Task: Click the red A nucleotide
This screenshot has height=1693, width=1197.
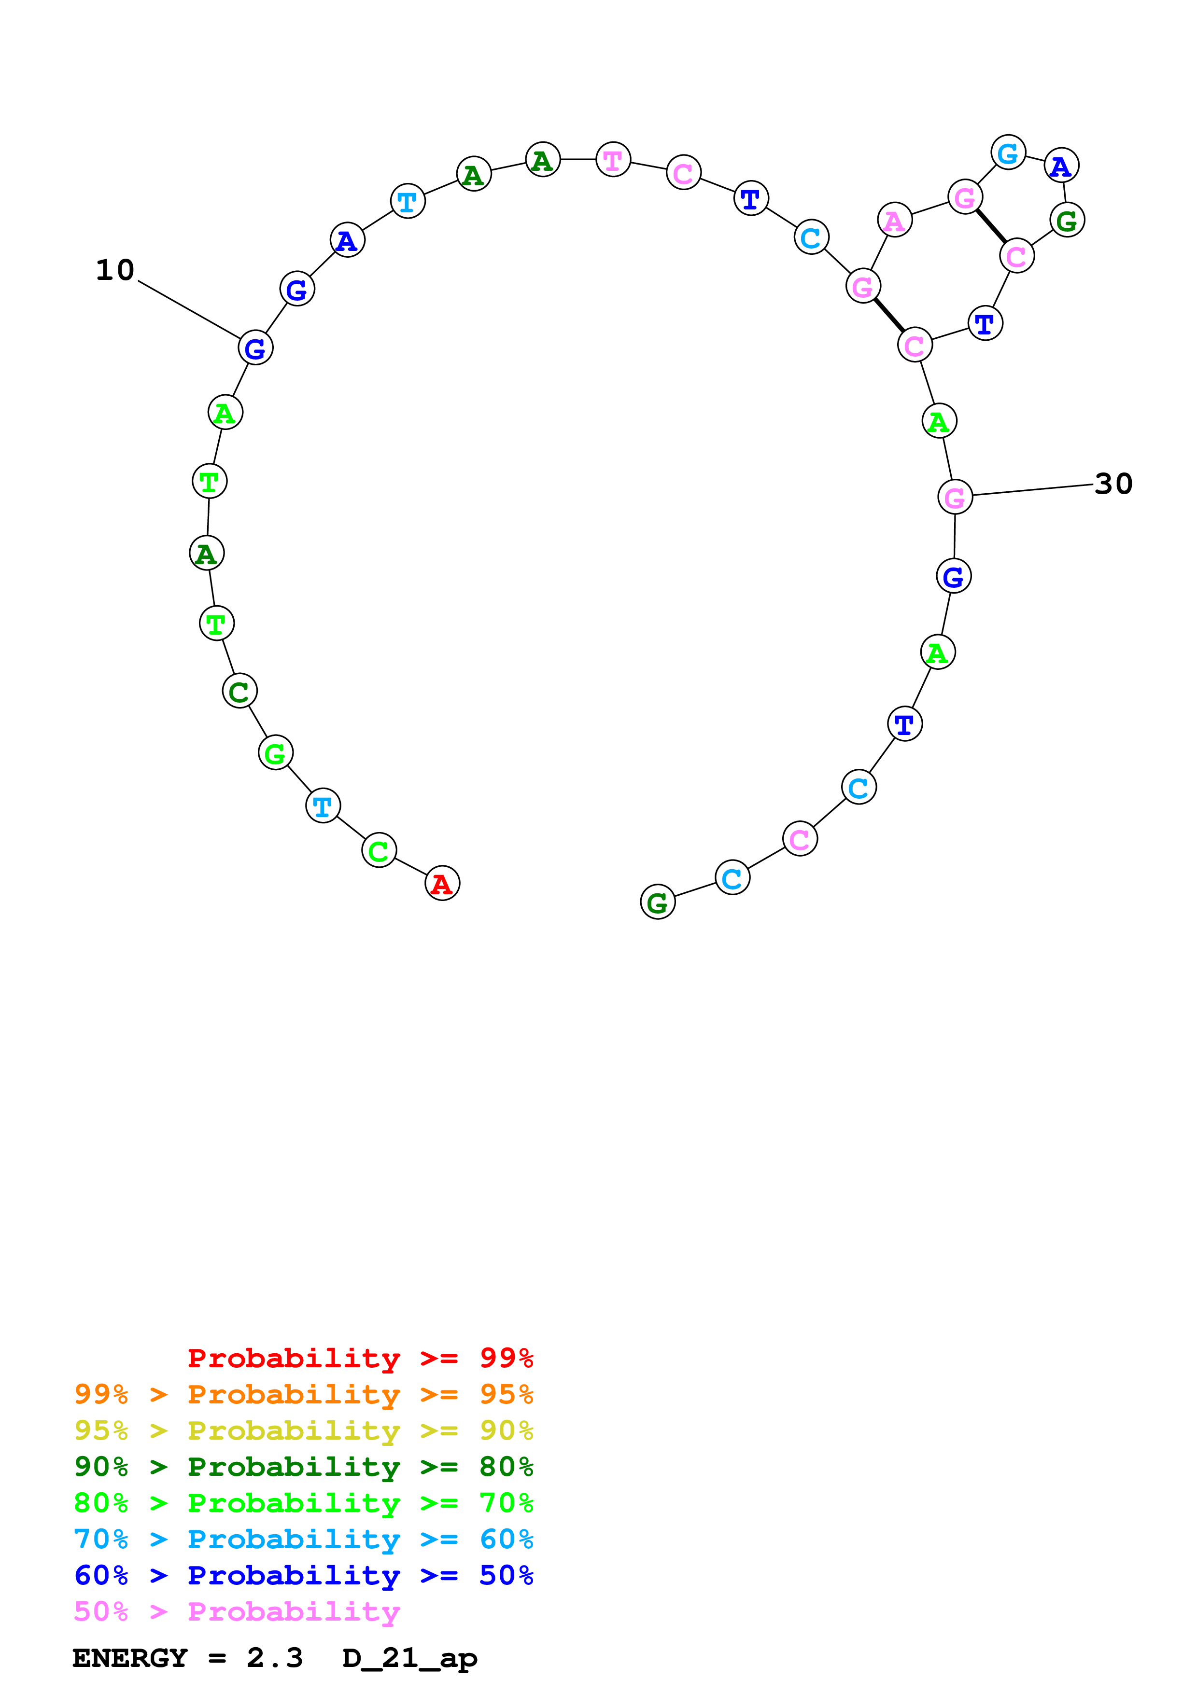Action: [442, 883]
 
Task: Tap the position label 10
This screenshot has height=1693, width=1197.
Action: [115, 270]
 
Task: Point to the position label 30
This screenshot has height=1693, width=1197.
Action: [1113, 484]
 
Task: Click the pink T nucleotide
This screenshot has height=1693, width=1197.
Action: [613, 159]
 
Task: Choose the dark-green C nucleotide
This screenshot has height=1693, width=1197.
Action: [239, 691]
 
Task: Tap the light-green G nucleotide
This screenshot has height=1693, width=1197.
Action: [275, 753]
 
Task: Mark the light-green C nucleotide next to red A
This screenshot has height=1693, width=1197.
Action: [379, 850]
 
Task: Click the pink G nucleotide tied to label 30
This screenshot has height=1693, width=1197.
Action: [954, 497]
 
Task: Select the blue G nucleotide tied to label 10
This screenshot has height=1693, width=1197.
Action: [255, 347]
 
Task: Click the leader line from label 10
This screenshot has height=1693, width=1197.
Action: [189, 309]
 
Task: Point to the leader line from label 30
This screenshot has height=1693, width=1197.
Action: [1032, 490]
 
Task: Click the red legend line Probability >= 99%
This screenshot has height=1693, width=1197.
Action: [360, 1358]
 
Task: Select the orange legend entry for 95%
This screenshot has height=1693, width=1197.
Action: [303, 1394]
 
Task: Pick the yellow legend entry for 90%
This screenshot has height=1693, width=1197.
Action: [303, 1430]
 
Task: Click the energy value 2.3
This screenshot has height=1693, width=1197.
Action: [274, 1658]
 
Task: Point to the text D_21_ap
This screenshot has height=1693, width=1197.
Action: [409, 1658]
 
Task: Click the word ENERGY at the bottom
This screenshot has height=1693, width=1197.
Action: [130, 1658]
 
